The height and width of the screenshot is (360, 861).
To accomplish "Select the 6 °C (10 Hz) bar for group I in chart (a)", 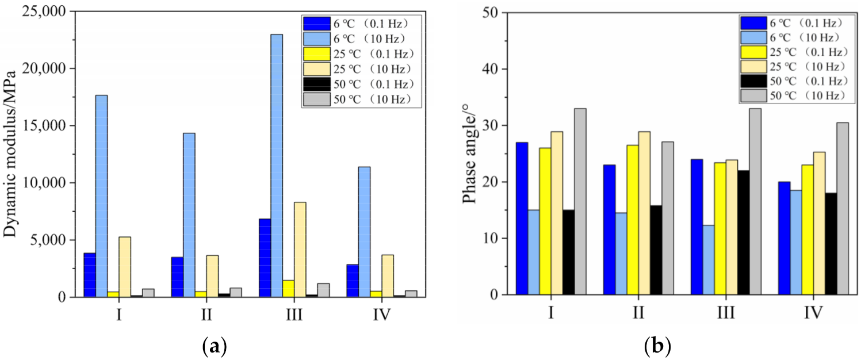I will pos(101,196).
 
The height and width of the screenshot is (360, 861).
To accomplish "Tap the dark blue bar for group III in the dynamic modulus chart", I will pos(265,258).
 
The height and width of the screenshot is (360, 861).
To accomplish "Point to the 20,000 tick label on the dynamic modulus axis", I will pos(47,68).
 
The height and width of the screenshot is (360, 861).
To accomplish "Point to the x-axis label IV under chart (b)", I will pos(813,313).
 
